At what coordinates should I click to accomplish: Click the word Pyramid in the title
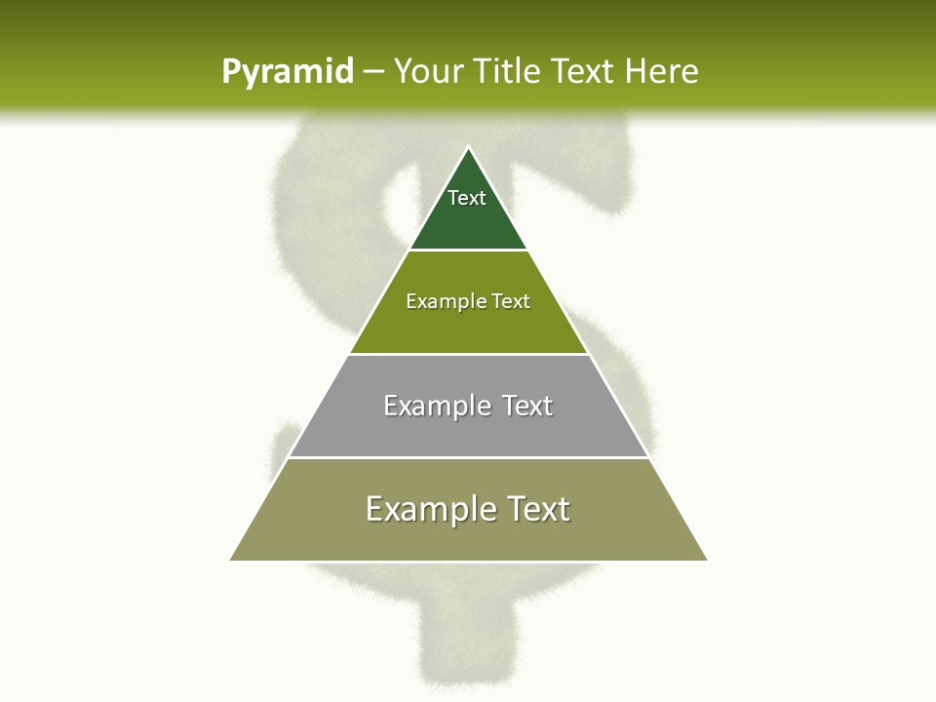(287, 72)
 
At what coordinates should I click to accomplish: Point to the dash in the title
(372, 72)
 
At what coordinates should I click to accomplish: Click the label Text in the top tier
(467, 198)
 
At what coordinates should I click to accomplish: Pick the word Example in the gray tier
(436, 406)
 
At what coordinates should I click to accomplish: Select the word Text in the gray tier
(526, 406)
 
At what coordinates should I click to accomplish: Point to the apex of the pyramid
(468, 148)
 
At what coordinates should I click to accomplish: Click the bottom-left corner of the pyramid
(232, 559)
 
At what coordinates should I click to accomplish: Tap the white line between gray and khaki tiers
(468, 457)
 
